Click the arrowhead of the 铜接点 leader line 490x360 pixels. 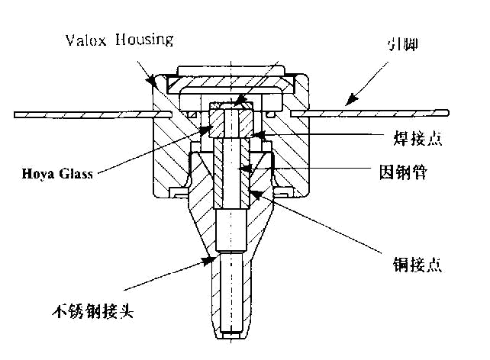[x=257, y=191]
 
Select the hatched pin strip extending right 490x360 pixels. [x=374, y=114]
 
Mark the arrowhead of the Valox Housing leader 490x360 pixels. [x=153, y=79]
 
